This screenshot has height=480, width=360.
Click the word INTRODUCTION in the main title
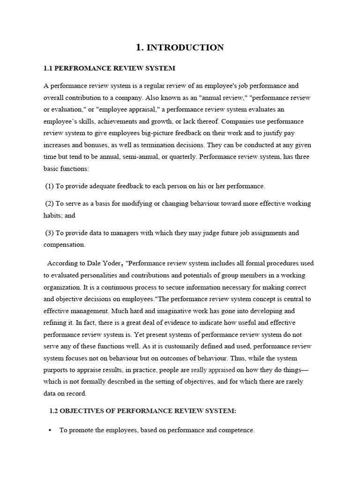tap(185, 47)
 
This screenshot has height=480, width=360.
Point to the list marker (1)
tap(49, 186)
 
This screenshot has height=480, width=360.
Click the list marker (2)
tap(49, 204)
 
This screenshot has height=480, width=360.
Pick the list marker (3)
tap(49, 233)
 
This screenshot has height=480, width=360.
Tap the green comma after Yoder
tap(123, 264)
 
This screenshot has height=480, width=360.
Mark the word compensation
tap(64, 245)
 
